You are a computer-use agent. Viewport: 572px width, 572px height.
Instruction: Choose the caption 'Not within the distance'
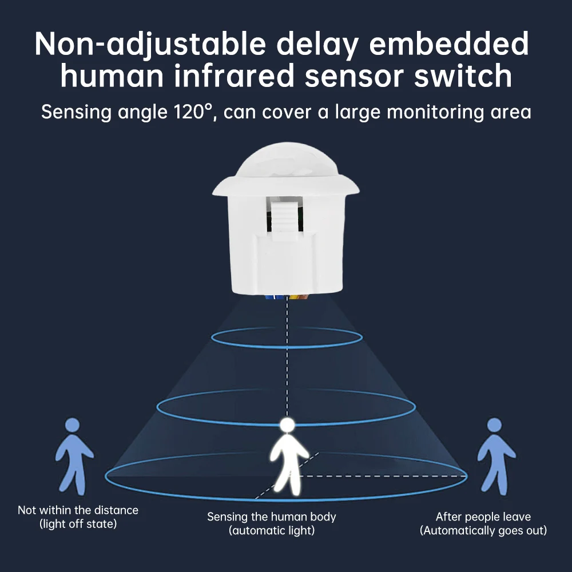click(78, 510)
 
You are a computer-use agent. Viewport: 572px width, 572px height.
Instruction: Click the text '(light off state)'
click(78, 523)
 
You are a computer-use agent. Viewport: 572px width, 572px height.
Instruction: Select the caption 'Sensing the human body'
click(272, 517)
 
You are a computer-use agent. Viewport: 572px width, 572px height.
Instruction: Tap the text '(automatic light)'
click(272, 530)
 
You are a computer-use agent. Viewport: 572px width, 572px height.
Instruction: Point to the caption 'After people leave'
click(483, 517)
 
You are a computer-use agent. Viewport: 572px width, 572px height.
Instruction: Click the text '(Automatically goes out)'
click(483, 530)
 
